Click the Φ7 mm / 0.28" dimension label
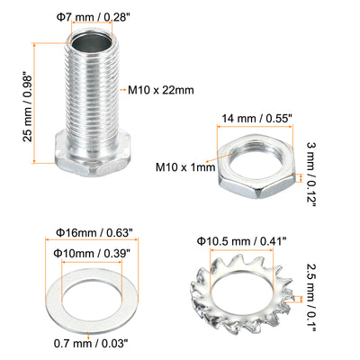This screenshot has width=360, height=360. coord(93,18)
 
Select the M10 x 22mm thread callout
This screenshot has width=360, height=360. coord(161,90)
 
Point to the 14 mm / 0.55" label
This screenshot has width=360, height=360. coord(256,119)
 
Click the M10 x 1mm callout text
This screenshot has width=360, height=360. coord(185,167)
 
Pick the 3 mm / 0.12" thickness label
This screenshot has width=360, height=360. coord(311,175)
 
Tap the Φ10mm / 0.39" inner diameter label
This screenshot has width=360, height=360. coord(92,254)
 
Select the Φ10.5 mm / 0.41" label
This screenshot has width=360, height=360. coord(242,241)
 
